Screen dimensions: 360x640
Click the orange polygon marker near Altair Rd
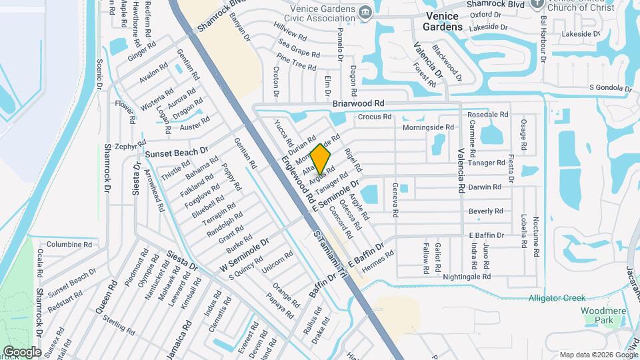[320, 160]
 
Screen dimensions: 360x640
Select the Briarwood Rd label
[359, 104]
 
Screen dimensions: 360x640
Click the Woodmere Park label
[601, 316]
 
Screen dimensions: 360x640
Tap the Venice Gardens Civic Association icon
[365, 12]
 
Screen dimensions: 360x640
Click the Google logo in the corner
[21, 351]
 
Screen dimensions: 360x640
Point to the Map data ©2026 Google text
[597, 355]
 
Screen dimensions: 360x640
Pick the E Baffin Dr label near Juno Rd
[486, 235]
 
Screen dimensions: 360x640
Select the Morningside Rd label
[428, 127]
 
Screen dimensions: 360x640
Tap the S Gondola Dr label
[610, 88]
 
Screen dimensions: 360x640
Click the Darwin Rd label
[485, 187]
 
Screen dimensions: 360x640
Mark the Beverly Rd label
[485, 211]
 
